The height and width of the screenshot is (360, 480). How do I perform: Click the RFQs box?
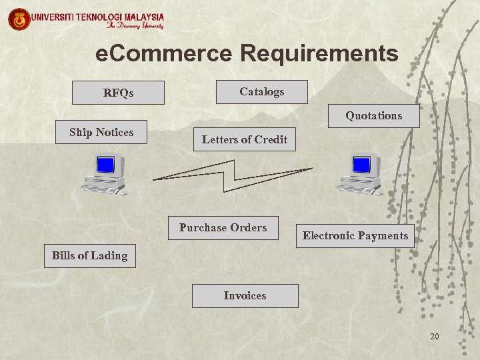(x=118, y=93)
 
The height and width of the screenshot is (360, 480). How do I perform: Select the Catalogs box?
(x=261, y=92)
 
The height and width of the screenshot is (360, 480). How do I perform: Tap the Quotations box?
(x=373, y=116)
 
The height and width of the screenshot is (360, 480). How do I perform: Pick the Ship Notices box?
(x=101, y=133)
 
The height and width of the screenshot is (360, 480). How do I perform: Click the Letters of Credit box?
(x=244, y=139)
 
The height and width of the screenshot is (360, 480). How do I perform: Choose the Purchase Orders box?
(x=223, y=228)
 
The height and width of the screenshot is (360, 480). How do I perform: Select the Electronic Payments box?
(x=355, y=236)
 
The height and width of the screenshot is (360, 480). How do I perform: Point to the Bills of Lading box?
(x=89, y=256)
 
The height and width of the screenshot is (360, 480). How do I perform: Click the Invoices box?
(x=245, y=296)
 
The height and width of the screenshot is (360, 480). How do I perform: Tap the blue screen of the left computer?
(x=105, y=165)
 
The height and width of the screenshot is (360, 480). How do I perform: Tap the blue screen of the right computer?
(x=361, y=164)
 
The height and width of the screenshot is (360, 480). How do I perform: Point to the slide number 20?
(x=434, y=337)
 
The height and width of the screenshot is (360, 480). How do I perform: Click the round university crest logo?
(x=19, y=19)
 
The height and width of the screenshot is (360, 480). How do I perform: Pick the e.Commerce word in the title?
(x=164, y=53)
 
